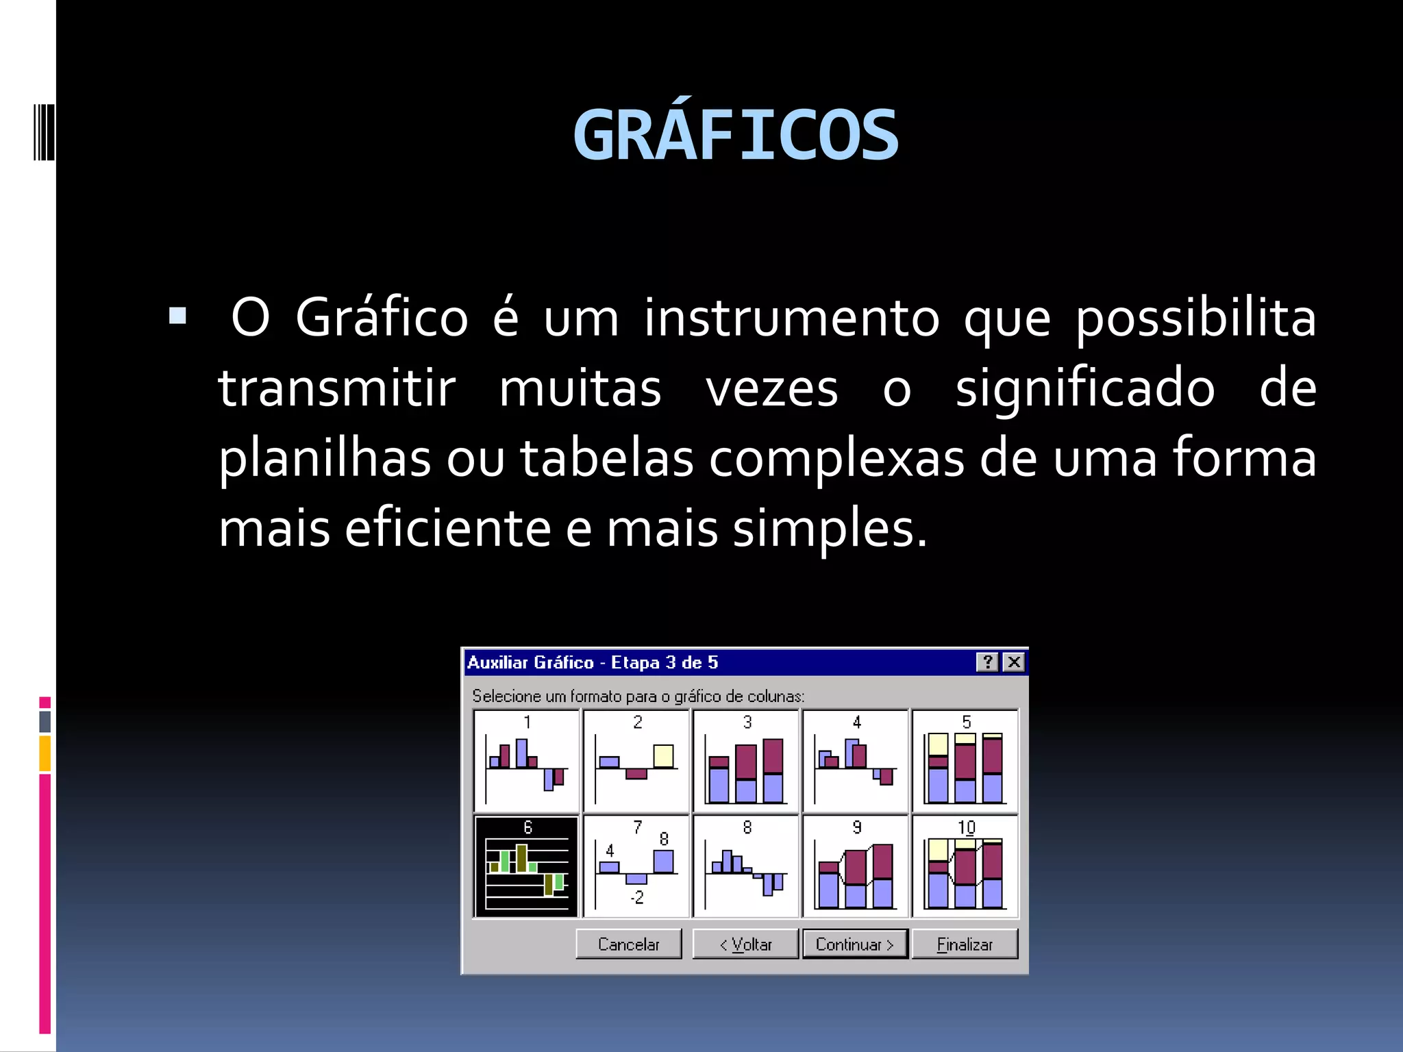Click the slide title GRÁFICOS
[x=736, y=136]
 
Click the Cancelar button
[x=628, y=944]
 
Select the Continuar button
[x=855, y=944]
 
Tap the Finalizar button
[x=965, y=944]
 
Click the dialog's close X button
[x=1014, y=662]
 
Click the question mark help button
[x=987, y=662]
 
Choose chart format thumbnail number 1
[x=526, y=761]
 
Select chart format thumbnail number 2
[x=636, y=761]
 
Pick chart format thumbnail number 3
[x=746, y=761]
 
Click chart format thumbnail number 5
[x=965, y=761]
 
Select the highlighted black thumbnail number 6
[x=526, y=866]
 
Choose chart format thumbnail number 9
[x=856, y=866]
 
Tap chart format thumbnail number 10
[x=965, y=866]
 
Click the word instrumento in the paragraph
[x=791, y=318]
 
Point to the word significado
[x=1085, y=388]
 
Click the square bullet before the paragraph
[x=177, y=316]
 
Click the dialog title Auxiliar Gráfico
[x=530, y=662]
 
